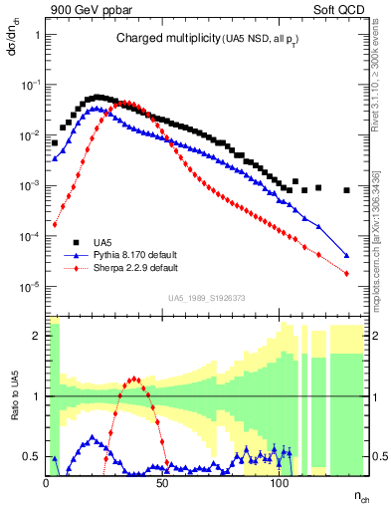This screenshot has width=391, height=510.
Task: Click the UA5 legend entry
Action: click(102, 242)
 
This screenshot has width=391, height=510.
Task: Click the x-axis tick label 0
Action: click(47, 480)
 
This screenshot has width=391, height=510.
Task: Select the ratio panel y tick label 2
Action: click(35, 336)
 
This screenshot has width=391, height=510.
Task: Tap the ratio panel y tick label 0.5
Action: click(31, 456)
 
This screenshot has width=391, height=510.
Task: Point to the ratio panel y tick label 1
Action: click(35, 396)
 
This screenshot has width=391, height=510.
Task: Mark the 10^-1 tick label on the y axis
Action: click(30, 85)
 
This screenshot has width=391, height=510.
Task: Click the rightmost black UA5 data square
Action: click(346, 190)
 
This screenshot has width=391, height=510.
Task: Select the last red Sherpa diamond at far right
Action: click(346, 273)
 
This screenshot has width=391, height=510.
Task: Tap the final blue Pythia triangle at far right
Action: click(346, 254)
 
